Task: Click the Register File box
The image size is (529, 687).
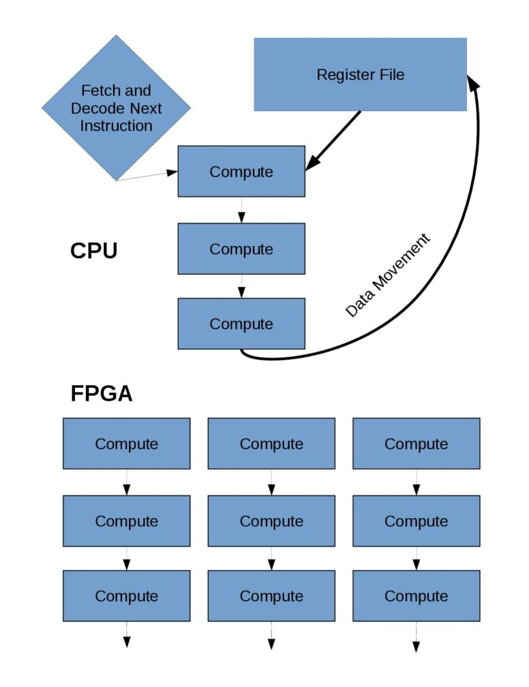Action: point(360,74)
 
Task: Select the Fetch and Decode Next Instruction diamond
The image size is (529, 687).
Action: point(116,108)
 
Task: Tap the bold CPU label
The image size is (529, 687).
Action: point(94,251)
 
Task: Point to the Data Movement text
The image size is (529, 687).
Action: point(388,275)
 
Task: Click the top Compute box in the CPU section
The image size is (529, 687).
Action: point(241,172)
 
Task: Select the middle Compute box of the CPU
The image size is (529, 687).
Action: point(241,249)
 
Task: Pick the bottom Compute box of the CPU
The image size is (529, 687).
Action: point(241,324)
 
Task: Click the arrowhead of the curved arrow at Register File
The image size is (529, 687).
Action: point(472,82)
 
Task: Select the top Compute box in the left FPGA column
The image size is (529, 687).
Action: point(126,444)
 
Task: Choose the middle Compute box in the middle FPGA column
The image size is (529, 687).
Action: point(271,521)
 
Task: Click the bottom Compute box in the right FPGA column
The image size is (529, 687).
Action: point(416,596)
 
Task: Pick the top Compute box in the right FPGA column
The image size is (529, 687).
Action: point(416,444)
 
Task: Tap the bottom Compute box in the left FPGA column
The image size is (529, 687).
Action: point(126,596)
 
